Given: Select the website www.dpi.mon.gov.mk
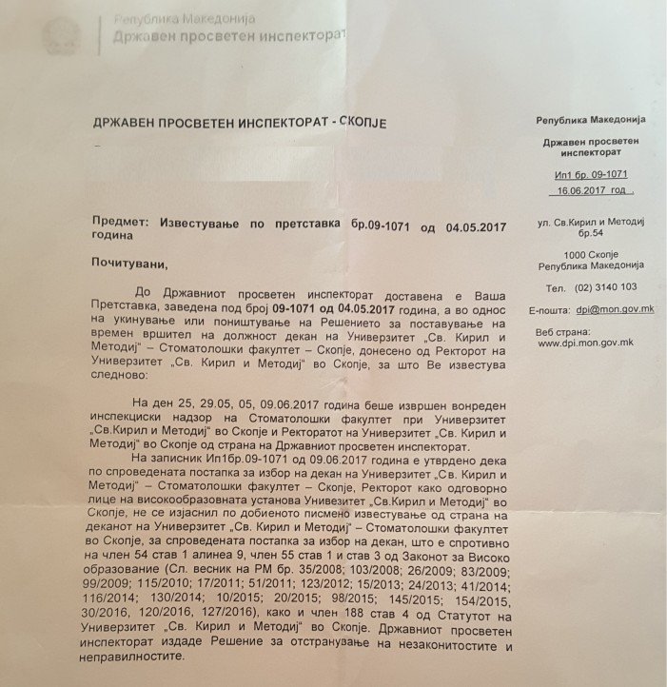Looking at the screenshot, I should coord(587,343).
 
